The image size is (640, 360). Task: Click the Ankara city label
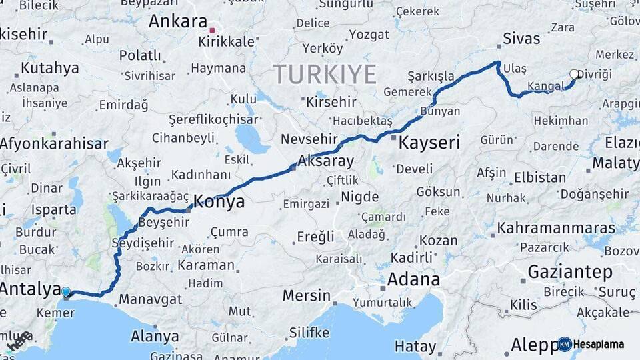(178, 21)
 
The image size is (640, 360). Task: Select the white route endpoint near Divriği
(574, 74)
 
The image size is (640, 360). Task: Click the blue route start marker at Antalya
(66, 291)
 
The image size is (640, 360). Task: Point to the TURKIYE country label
(325, 73)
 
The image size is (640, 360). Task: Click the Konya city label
(219, 201)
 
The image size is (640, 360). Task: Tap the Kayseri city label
(429, 142)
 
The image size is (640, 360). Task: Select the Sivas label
(521, 38)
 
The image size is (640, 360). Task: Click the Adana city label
(413, 279)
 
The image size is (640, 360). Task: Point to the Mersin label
(306, 295)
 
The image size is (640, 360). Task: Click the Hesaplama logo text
(601, 344)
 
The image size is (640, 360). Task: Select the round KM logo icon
(565, 344)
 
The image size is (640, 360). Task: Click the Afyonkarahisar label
(53, 143)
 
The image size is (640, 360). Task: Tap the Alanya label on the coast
(155, 335)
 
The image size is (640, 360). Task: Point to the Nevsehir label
(305, 139)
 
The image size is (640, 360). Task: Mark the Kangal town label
(545, 86)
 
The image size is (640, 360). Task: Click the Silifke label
(309, 332)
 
